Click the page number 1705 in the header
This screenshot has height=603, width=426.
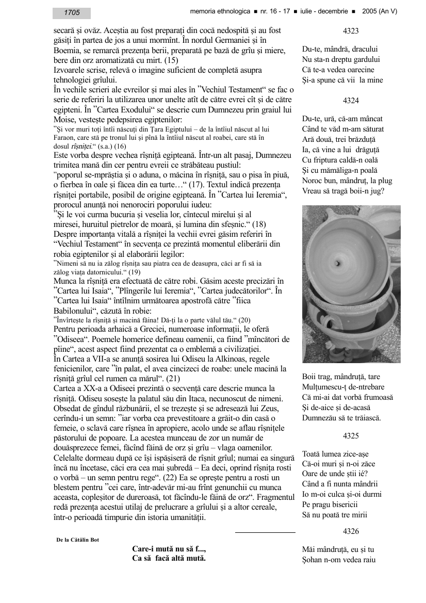pyautogui.click(x=72, y=13)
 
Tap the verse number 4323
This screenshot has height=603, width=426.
pyautogui.click(x=351, y=31)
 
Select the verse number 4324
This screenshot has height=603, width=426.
pyautogui.click(x=351, y=101)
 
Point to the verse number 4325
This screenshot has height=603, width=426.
pyautogui.click(x=351, y=436)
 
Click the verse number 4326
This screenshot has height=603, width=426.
pyautogui.click(x=351, y=531)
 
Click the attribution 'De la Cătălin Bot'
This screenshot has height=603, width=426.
pyautogui.click(x=77, y=540)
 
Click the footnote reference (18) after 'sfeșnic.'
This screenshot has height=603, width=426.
pyautogui.click(x=259, y=224)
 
